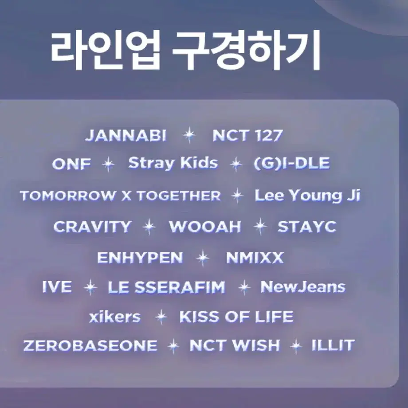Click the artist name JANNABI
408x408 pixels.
tap(126, 135)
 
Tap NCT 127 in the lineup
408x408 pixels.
tap(247, 135)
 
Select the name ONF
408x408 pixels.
tap(71, 164)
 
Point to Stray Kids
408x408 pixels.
tap(173, 163)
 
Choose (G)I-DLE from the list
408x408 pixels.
tap(292, 163)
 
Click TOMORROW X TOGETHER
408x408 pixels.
tap(121, 196)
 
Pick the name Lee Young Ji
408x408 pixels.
tap(308, 196)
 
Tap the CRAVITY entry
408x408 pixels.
tap(92, 226)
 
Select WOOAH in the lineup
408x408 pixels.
tap(205, 226)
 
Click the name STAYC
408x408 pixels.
tap(307, 226)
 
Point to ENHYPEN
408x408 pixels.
tap(140, 258)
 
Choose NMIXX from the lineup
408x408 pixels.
tap(255, 258)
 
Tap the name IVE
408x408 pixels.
tap(57, 287)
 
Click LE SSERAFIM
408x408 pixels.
tap(167, 287)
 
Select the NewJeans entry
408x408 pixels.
tap(303, 287)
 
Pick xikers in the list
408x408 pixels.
tap(115, 317)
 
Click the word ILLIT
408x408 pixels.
tap(333, 345)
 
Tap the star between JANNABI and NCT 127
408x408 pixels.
tap(189, 135)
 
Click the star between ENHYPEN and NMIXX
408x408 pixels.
tap(203, 258)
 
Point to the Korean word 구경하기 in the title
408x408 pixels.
tap(247, 50)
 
